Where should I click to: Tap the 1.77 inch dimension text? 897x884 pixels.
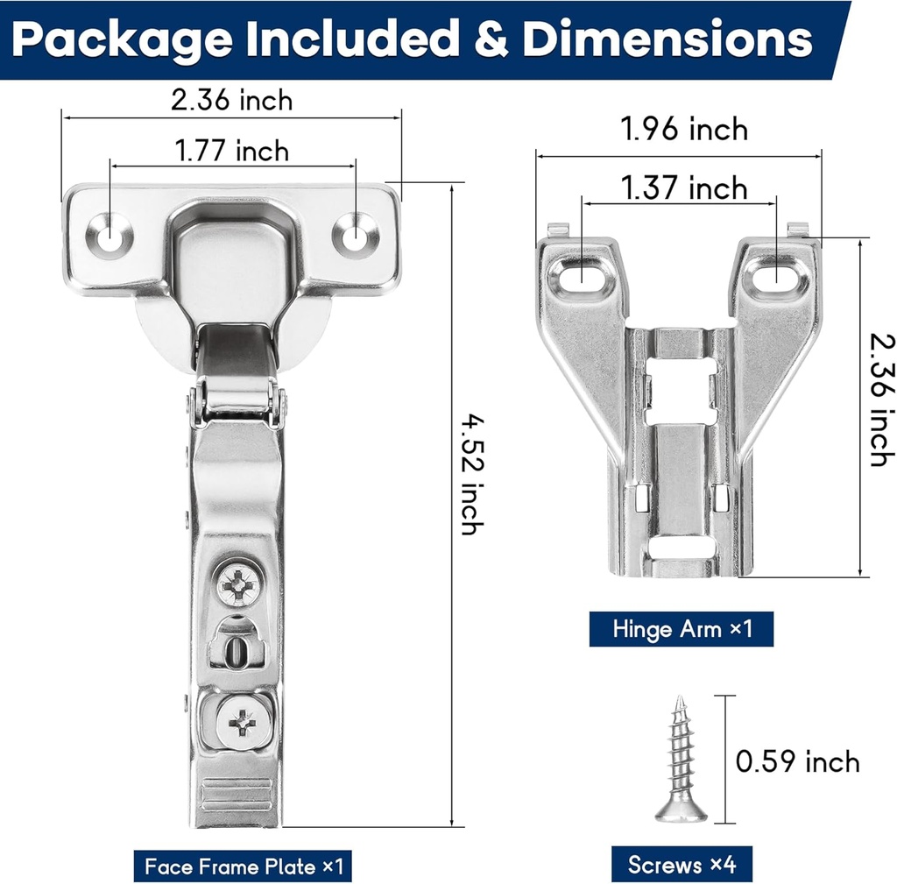231,151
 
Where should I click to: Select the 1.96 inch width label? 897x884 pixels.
684,129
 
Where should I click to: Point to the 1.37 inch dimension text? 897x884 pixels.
684,187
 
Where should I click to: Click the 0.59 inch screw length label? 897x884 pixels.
797,761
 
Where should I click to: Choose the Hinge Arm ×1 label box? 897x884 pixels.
682,629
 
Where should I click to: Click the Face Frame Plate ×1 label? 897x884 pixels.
244,866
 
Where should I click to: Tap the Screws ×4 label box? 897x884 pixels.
682,864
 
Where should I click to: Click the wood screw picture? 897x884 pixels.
681,759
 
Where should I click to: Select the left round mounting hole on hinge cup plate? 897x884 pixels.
109,235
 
